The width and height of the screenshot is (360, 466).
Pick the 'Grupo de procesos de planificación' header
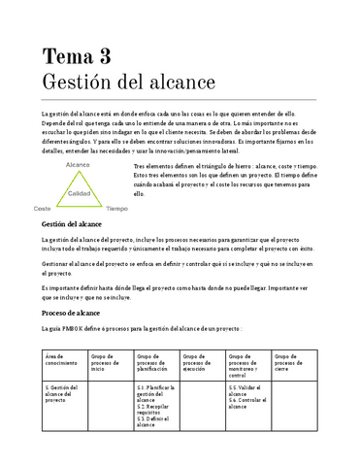pos(156,362)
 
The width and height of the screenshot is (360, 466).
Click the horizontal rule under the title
pos(180,99)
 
